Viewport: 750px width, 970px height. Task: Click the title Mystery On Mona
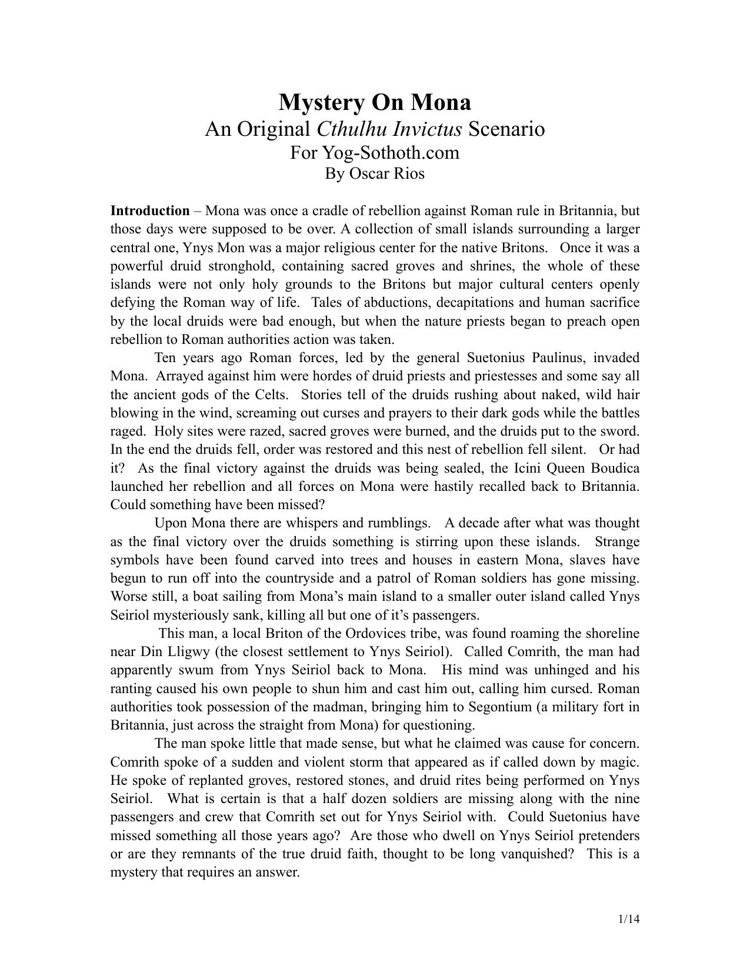tap(375, 102)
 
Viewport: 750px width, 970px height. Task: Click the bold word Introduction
tap(150, 211)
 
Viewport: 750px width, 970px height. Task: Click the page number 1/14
tap(628, 919)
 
